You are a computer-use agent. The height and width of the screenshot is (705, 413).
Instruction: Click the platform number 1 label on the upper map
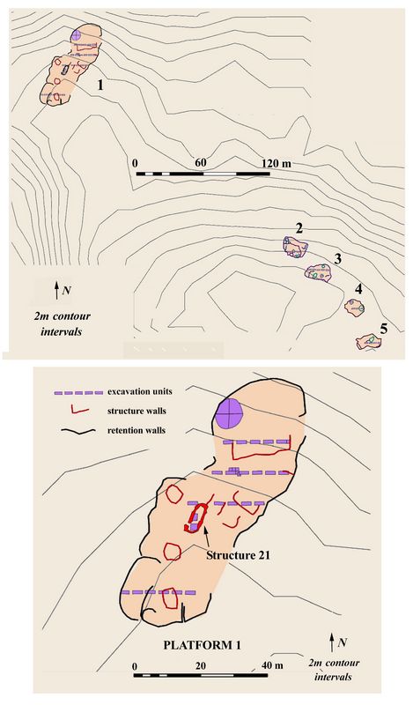100,85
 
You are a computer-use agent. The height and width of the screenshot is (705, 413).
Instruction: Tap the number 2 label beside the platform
299,229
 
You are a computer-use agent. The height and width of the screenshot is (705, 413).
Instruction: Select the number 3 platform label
338,258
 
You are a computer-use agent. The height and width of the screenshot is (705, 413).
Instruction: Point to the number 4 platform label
358,290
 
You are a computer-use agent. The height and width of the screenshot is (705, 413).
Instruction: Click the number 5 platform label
383,329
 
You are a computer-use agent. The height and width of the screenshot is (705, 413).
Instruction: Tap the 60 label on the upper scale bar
200,162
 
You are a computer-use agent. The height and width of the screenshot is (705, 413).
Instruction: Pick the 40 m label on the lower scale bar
272,665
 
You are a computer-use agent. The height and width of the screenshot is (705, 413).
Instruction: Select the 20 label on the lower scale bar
201,665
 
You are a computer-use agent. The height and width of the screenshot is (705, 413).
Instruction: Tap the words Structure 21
238,555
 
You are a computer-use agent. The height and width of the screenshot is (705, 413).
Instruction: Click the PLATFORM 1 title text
203,645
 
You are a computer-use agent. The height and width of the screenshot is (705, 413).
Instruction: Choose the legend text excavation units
140,391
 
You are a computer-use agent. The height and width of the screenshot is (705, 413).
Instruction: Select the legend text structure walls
136,411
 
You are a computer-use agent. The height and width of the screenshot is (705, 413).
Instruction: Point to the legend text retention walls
136,430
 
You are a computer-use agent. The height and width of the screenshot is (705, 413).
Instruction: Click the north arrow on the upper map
56,291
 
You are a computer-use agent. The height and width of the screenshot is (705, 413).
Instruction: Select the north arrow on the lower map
332,642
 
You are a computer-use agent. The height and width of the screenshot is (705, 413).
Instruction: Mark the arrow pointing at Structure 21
207,538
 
